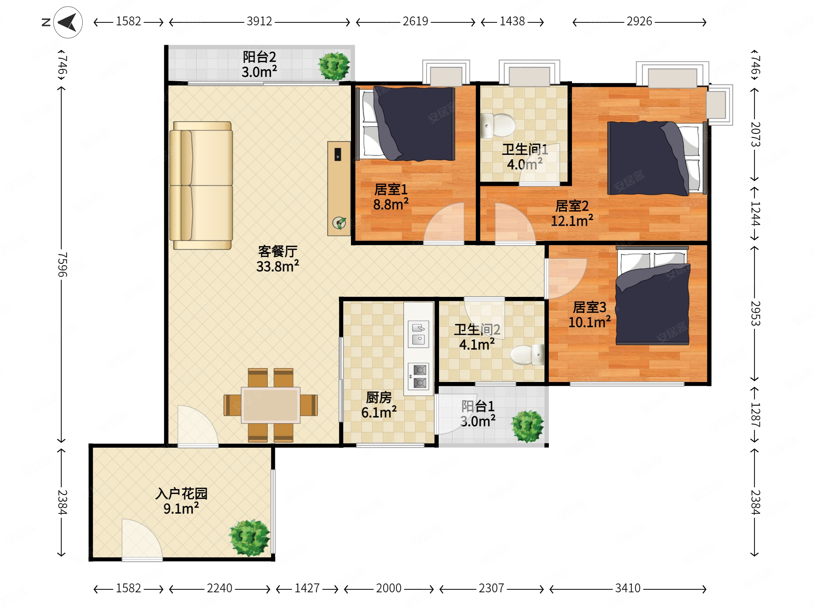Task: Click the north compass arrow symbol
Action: pyautogui.click(x=68, y=22)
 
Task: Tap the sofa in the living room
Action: pyautogui.click(x=201, y=186)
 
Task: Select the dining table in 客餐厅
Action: pyautogui.click(x=271, y=405)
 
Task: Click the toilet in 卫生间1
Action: pyautogui.click(x=498, y=126)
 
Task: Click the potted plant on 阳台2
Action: pyautogui.click(x=334, y=66)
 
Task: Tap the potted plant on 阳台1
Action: pyautogui.click(x=527, y=426)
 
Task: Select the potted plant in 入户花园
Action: pyautogui.click(x=249, y=538)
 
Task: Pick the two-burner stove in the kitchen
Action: pyautogui.click(x=419, y=377)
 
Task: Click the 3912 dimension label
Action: pyautogui.click(x=260, y=21)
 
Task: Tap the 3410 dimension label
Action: pyautogui.click(x=628, y=588)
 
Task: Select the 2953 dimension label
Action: pyautogui.click(x=755, y=313)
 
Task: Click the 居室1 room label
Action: pyautogui.click(x=391, y=190)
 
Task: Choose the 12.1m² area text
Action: pyautogui.click(x=572, y=221)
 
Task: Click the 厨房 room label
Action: pyautogui.click(x=379, y=398)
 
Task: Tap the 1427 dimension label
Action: pyautogui.click(x=307, y=588)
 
